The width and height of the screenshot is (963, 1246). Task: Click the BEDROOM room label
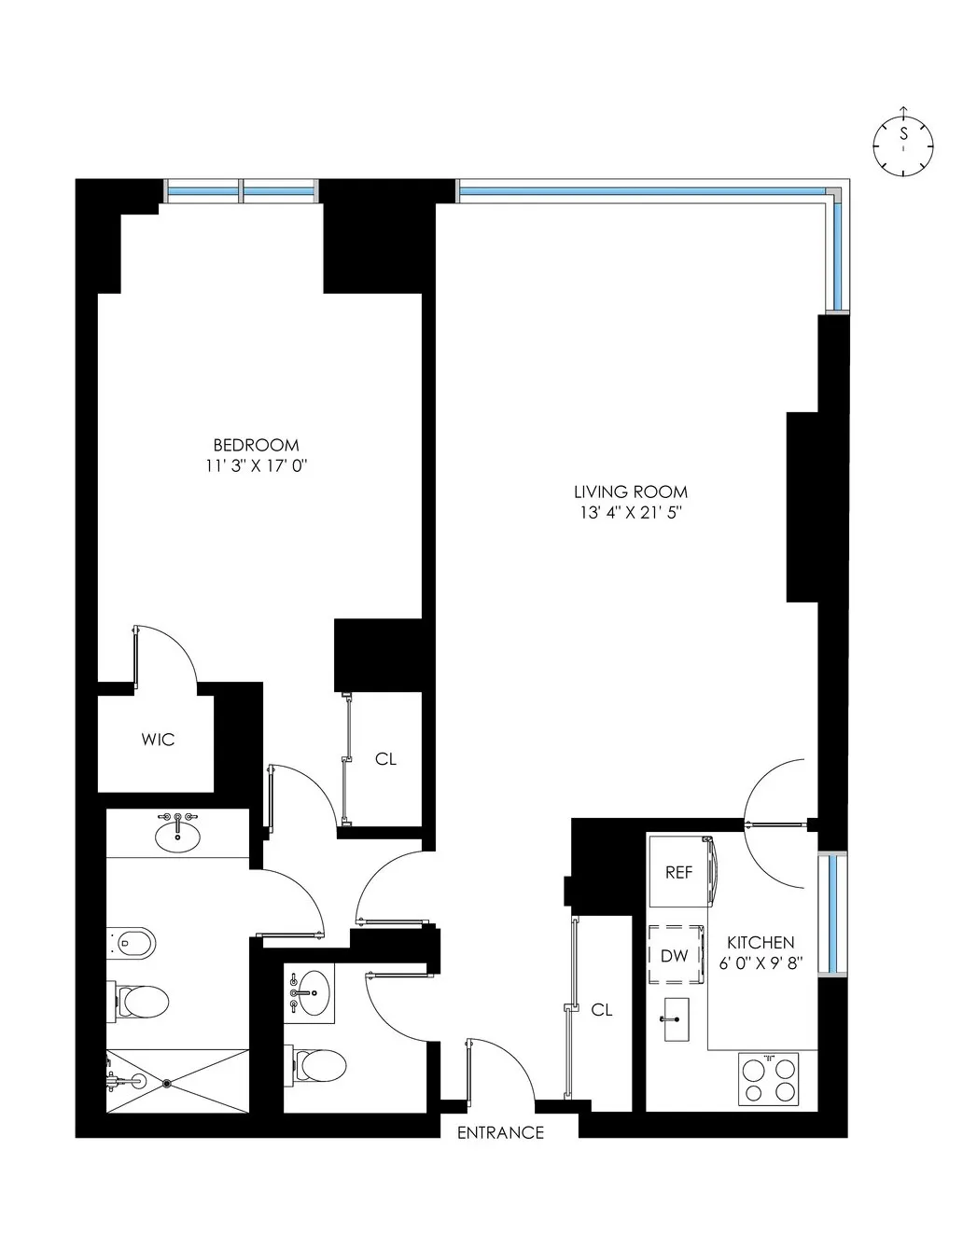coord(257,445)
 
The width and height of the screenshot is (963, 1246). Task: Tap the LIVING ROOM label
coord(631,491)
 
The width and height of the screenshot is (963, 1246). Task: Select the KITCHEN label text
coord(761,943)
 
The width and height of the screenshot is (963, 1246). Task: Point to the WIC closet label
coord(158,740)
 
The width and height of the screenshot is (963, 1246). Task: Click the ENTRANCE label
coord(500,1133)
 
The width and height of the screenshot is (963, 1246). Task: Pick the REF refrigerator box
coord(679,873)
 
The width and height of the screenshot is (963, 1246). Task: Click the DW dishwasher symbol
coord(675,955)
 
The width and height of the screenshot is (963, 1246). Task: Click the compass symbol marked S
coord(902,145)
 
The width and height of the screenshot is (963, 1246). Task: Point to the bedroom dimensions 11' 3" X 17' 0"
coord(257,465)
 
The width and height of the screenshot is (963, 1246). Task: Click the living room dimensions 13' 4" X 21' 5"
coord(631,512)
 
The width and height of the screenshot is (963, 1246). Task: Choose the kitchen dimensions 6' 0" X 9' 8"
coord(761,963)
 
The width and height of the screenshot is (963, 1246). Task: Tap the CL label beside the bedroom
coord(385,759)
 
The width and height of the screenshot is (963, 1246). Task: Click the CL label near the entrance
coord(602,1009)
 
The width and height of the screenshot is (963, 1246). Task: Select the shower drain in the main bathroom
coord(167,1084)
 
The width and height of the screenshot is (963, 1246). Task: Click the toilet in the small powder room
coord(319,1063)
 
